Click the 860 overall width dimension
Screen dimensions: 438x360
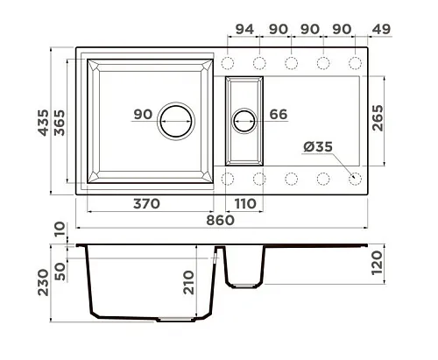click(220, 221)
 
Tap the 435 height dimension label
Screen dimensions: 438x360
click(44, 123)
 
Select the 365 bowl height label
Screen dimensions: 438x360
click(60, 123)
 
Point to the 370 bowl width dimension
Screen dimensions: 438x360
click(146, 204)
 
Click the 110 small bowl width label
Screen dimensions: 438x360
click(245, 204)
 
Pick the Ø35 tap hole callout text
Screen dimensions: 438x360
click(318, 146)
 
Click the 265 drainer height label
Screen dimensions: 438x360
click(378, 117)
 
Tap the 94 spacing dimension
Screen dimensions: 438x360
click(244, 29)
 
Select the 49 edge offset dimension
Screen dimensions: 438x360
click(381, 29)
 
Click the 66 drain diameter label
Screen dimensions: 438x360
click(279, 114)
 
